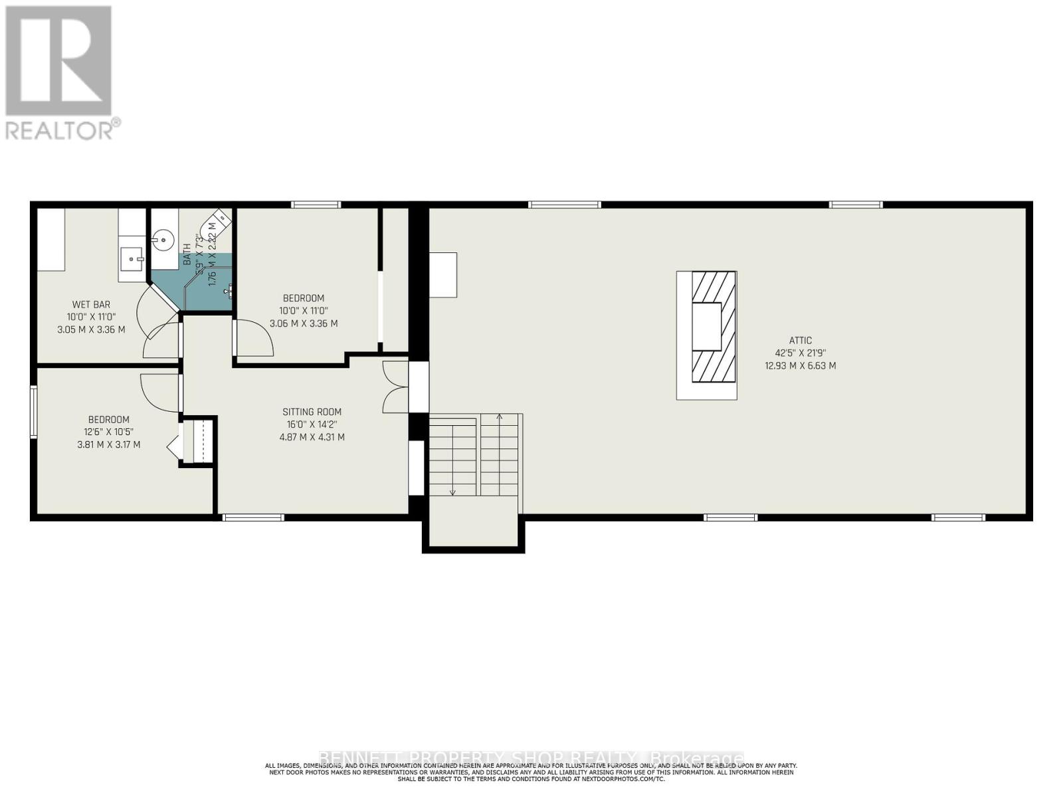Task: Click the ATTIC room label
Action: (x=801, y=340)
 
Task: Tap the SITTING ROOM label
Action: (x=312, y=412)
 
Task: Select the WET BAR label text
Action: (x=91, y=305)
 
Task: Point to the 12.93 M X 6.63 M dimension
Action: (x=801, y=365)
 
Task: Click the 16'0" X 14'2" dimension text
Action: (x=312, y=424)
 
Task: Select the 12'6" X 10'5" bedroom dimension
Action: (x=109, y=432)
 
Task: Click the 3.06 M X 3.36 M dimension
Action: (x=304, y=323)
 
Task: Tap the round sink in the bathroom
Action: (x=162, y=239)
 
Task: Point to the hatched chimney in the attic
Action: (x=714, y=326)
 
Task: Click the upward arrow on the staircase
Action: (x=499, y=418)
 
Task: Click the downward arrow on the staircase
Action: (x=452, y=491)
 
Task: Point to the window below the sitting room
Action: (x=253, y=517)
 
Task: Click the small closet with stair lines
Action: (x=197, y=440)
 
